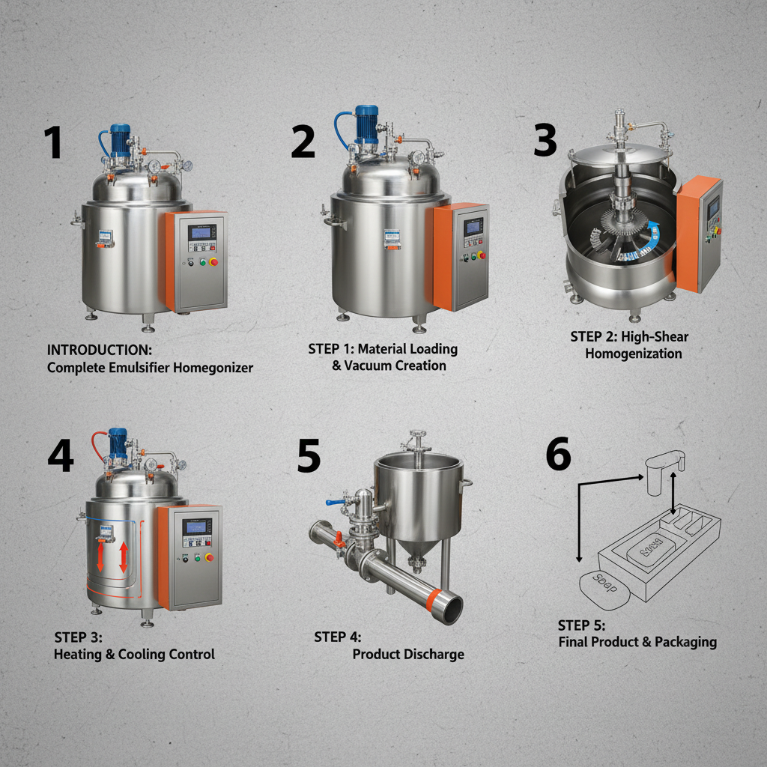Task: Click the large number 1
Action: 52,142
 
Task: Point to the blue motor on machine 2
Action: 367,122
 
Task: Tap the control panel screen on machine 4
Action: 197,527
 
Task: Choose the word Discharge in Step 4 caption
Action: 436,654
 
